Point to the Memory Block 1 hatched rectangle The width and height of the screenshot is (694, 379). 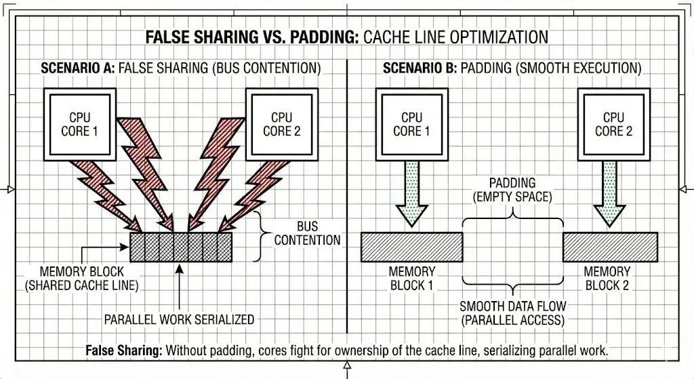coord(411,247)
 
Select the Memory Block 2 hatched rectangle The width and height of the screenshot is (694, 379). coord(610,247)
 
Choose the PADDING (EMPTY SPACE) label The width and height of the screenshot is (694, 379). coord(512,190)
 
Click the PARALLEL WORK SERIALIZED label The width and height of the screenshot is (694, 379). coord(179,319)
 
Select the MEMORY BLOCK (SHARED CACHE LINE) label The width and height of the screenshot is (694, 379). coord(81,279)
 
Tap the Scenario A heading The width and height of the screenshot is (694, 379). coord(180,68)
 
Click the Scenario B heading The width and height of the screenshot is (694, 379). coord(512,68)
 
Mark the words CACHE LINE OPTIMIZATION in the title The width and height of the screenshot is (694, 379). coord(455,36)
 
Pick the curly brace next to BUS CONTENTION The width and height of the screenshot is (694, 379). coord(260,236)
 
